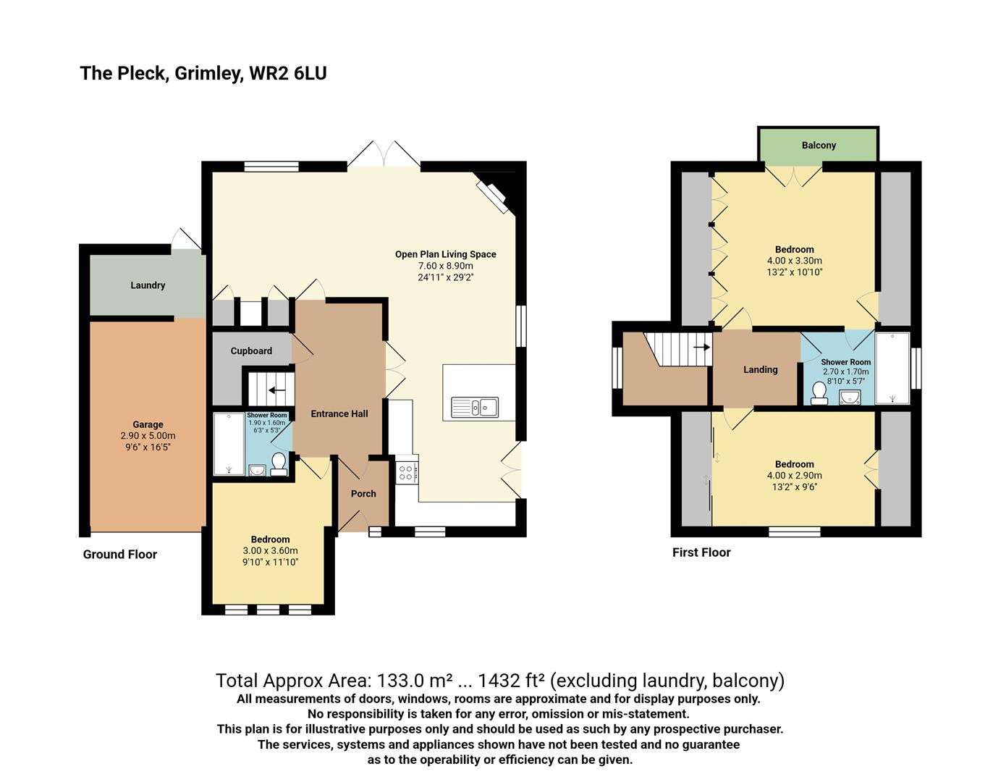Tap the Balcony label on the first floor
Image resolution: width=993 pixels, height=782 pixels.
[819, 146]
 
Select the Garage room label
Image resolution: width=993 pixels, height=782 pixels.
[148, 425]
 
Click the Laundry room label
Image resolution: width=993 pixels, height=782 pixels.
[148, 285]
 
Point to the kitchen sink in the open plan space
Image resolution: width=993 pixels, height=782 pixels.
[475, 408]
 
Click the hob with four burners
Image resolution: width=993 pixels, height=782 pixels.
[406, 474]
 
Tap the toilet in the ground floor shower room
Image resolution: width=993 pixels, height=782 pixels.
[279, 463]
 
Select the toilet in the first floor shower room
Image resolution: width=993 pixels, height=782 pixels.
[819, 392]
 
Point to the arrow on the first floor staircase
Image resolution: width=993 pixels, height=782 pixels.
[701, 347]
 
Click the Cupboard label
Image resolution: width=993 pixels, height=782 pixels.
[251, 351]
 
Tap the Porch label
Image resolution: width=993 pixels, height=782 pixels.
[363, 494]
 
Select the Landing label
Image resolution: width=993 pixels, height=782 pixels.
[760, 370]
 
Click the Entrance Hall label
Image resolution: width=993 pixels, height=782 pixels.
[339, 414]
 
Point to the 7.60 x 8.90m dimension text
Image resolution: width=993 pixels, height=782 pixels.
[445, 266]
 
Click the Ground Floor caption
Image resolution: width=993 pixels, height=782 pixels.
[119, 555]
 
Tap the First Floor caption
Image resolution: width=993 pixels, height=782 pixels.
[701, 552]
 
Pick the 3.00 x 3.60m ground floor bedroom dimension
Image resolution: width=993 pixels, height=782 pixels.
[270, 551]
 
